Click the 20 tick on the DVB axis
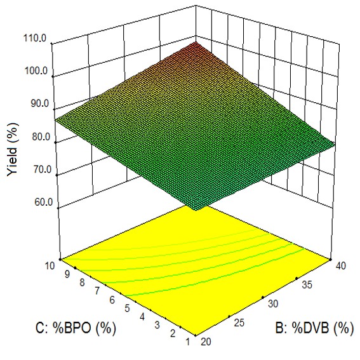(x=204, y=341)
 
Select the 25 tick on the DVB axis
(x=240, y=322)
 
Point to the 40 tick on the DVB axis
(x=340, y=265)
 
